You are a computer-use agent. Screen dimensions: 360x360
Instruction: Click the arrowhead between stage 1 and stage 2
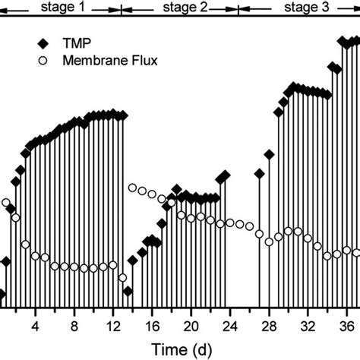121,9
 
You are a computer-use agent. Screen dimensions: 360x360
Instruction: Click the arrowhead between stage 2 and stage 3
238,9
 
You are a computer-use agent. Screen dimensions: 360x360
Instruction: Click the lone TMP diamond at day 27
259,174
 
